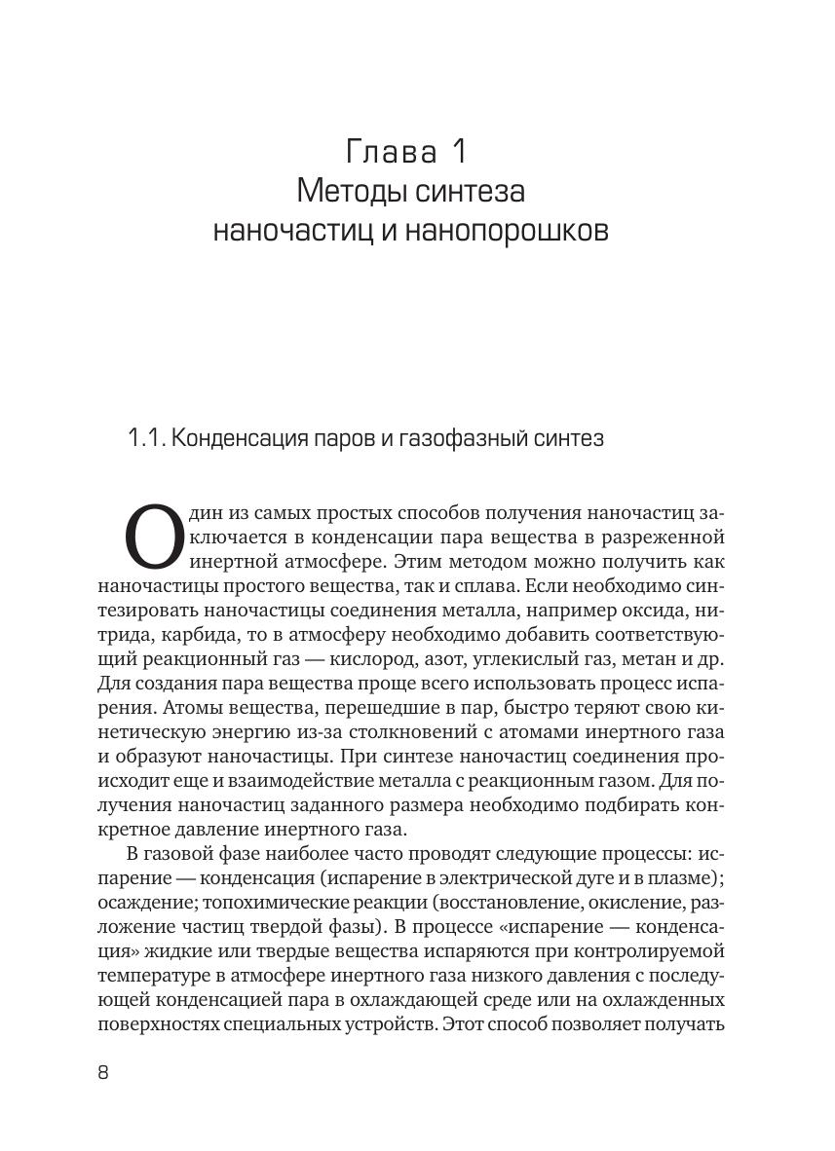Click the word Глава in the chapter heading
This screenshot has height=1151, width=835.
pos(384,153)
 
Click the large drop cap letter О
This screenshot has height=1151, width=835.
pos(154,538)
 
